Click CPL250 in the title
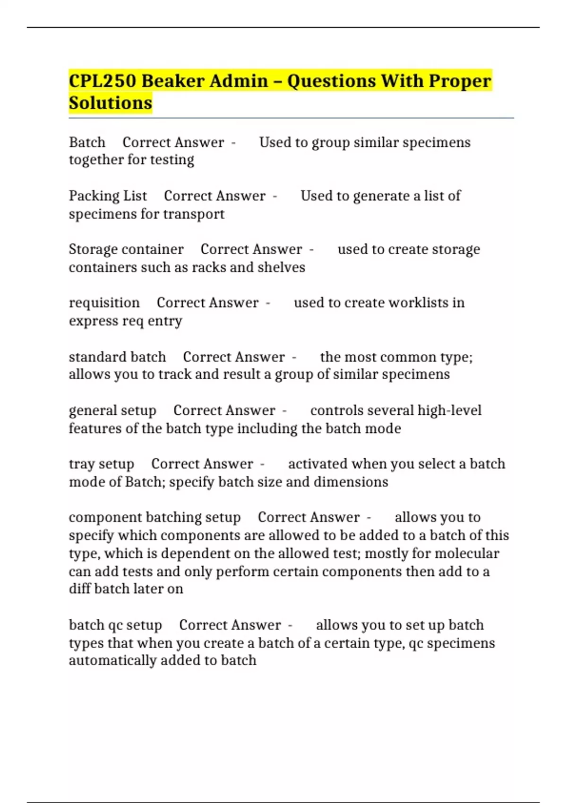(x=102, y=81)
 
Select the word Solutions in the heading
(x=111, y=103)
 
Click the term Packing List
(x=108, y=196)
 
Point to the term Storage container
(x=126, y=249)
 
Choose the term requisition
(x=104, y=302)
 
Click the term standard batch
(x=117, y=357)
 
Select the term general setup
(x=112, y=410)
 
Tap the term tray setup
(x=102, y=464)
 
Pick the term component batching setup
(x=155, y=517)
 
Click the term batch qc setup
(x=115, y=625)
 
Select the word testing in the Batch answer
(x=172, y=160)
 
